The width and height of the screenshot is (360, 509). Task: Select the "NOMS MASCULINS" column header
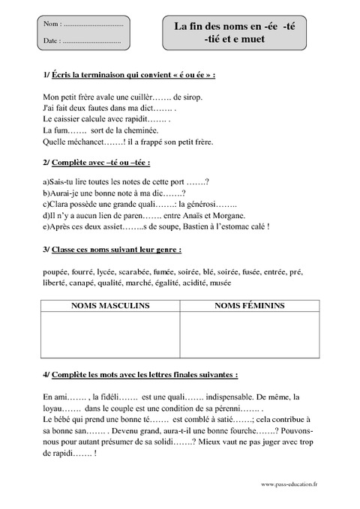coord(109,306)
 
